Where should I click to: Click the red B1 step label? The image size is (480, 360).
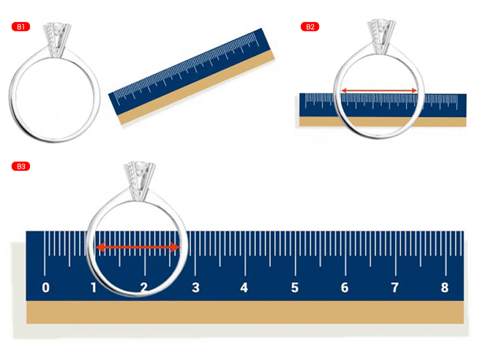pos(21,27)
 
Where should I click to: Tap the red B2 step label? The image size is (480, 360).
pos(310,27)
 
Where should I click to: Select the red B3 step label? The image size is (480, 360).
pos(21,166)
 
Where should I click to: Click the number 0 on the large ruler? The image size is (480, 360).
pos(45,288)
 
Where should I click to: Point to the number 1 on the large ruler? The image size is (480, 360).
pos(94,288)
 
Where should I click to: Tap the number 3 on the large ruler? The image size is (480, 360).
pos(195,288)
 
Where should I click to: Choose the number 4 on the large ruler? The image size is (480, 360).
pos(244,288)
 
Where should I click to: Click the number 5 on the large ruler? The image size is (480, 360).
pos(294,288)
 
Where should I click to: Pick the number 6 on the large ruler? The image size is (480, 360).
pos(345,288)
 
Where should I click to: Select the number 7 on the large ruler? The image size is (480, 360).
pos(395,288)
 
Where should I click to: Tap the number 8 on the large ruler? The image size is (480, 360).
pos(445,288)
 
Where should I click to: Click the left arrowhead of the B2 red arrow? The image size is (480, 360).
pos(344,90)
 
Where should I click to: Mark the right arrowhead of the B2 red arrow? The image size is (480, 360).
pos(414,90)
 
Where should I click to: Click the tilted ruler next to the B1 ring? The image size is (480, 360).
pos(192,76)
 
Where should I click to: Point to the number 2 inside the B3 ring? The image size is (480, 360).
pos(144,288)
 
